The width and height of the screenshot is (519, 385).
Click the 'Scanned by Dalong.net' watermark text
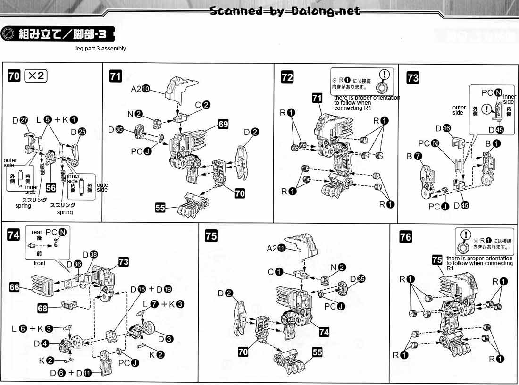point(285,11)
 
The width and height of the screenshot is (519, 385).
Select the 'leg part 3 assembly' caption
point(100,49)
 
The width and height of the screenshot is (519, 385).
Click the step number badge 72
point(287,77)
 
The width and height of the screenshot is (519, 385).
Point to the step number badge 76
point(405,236)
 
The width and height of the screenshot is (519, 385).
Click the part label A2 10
point(140,89)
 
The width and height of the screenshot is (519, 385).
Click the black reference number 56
point(50,188)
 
